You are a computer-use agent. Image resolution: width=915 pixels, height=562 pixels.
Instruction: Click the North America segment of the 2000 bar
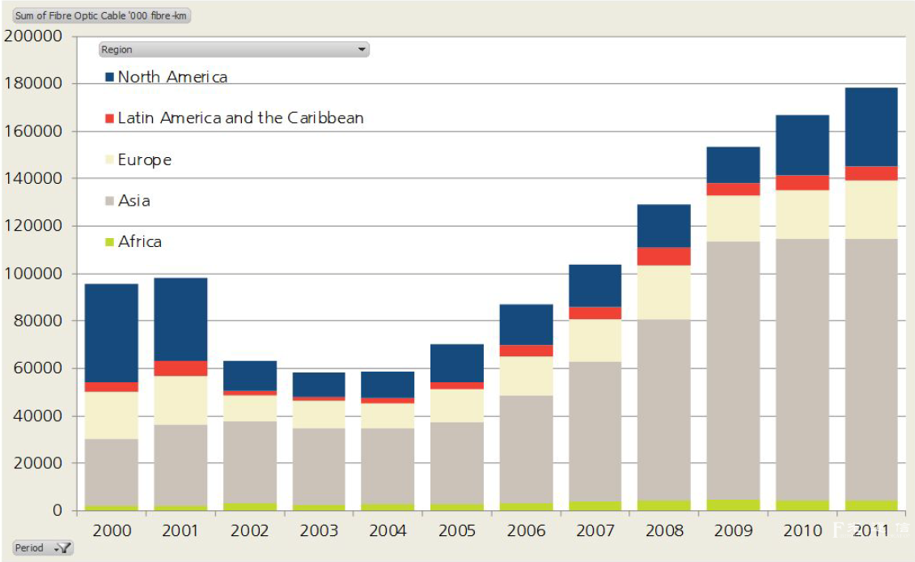[112, 333]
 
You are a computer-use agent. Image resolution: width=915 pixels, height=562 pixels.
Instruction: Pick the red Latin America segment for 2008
[664, 256]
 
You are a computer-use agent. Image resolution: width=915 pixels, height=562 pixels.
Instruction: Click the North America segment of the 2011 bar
[871, 127]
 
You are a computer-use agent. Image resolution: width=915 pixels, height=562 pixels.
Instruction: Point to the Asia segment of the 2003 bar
[319, 466]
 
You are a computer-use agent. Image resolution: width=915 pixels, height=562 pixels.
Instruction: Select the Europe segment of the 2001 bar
[180, 400]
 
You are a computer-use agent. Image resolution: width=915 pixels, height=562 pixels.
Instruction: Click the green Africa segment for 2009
[733, 505]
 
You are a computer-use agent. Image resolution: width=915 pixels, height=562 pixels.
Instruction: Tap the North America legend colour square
[110, 77]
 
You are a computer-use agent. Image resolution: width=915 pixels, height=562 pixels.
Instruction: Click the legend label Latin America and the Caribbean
[240, 118]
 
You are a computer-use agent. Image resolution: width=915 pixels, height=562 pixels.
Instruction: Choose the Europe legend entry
[144, 160]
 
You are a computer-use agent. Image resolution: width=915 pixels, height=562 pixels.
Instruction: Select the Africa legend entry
[139, 241]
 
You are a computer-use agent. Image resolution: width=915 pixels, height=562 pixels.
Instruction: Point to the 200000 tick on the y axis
[34, 36]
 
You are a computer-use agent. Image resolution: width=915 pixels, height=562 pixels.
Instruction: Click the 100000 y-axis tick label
[34, 274]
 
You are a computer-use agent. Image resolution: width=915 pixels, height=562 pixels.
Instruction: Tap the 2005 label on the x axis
[457, 531]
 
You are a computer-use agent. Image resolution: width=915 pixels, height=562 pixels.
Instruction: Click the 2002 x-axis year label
[250, 531]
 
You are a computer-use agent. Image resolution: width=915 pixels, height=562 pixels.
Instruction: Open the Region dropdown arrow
[362, 49]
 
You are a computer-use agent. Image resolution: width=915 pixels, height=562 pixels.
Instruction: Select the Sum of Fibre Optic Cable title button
[101, 16]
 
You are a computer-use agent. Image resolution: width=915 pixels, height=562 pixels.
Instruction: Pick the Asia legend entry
[133, 201]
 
